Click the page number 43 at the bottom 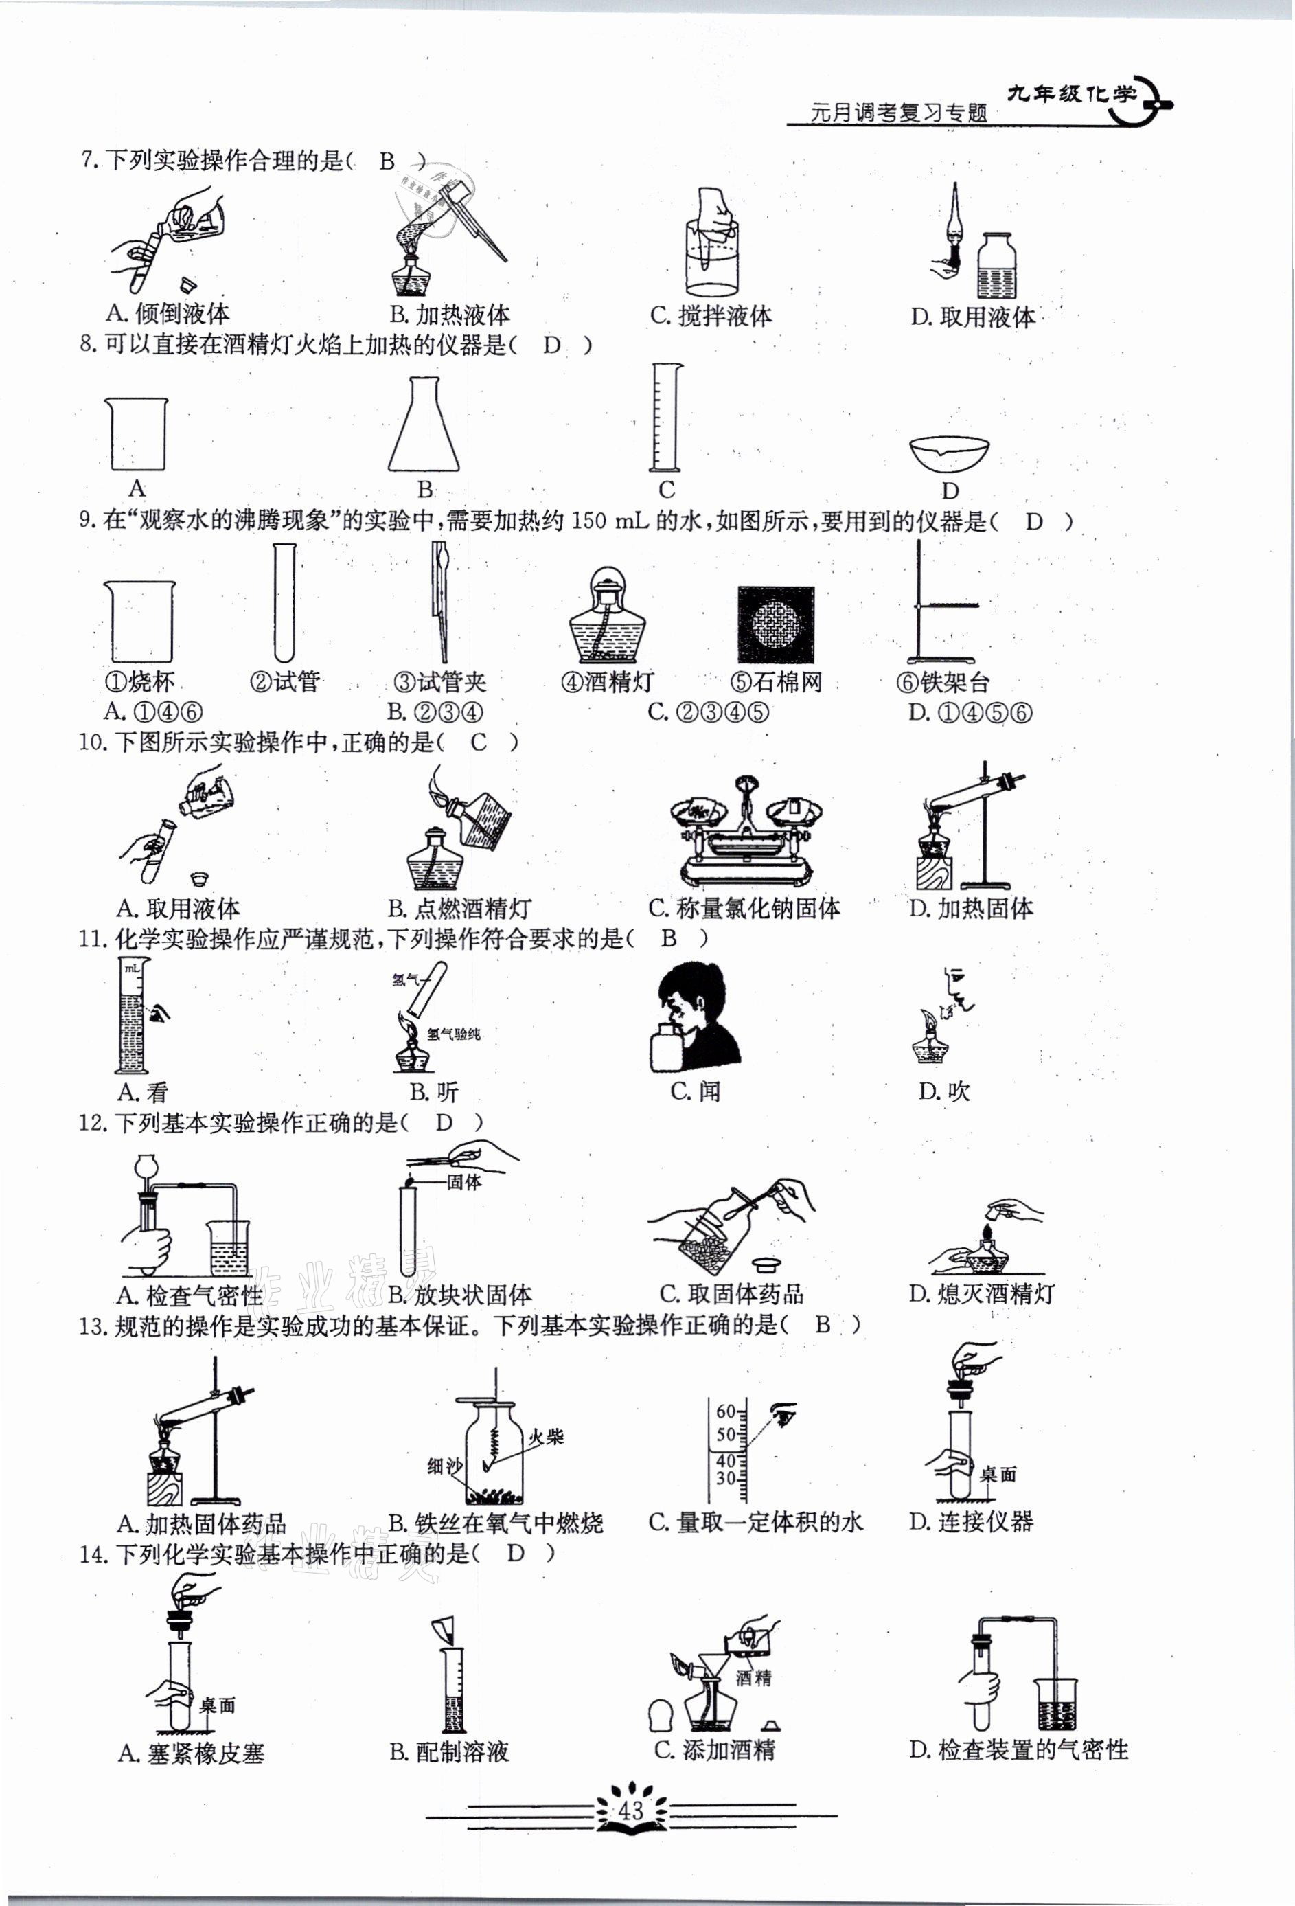(632, 1809)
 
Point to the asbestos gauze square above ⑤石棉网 (775, 624)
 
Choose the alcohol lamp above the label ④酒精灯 (604, 616)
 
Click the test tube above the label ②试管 (284, 603)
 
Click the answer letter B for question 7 (387, 161)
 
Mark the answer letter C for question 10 (479, 743)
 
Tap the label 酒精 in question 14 (753, 1678)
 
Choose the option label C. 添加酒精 (714, 1749)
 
